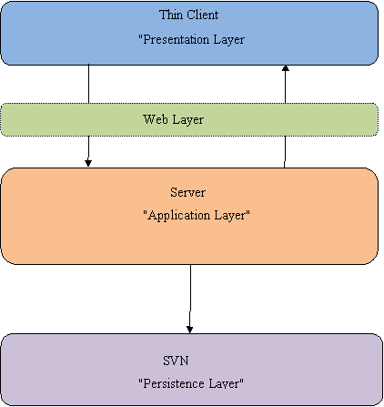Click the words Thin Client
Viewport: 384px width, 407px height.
point(188,15)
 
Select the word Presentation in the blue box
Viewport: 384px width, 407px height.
point(177,39)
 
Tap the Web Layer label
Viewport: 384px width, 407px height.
point(173,119)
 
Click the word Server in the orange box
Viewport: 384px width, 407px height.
point(187,192)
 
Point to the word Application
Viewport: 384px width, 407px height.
point(179,216)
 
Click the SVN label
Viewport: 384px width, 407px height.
point(176,361)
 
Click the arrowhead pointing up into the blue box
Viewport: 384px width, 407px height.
point(286,68)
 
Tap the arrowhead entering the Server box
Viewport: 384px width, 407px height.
point(88,163)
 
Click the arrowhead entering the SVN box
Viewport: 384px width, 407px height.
point(190,330)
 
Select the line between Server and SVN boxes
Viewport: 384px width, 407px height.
point(190,299)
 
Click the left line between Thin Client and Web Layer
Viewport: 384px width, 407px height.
point(88,84)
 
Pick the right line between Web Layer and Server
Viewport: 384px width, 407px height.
point(285,152)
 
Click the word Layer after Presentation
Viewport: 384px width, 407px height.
point(228,40)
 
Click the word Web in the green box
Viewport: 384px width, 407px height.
point(156,119)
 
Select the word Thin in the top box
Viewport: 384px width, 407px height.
point(171,15)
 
